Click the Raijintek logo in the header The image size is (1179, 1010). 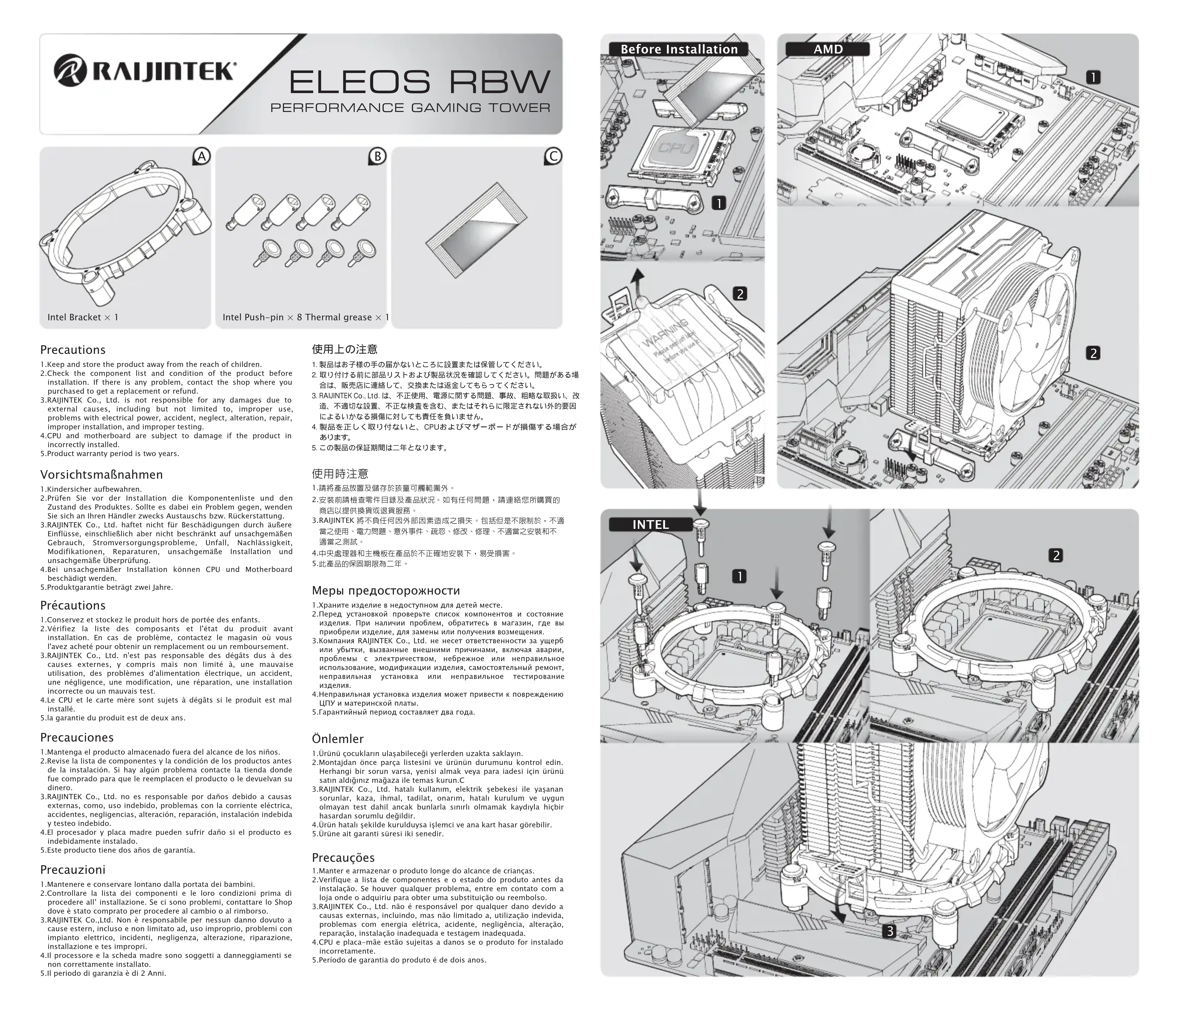click(144, 72)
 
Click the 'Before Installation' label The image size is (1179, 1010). click(679, 50)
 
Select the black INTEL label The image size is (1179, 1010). click(650, 525)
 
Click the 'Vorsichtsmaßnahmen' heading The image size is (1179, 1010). click(101, 475)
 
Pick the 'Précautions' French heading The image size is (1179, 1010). click(73, 605)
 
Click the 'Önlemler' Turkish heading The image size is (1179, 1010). click(337, 739)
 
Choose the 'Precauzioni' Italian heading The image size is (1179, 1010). click(73, 869)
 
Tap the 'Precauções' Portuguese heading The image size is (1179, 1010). click(343, 857)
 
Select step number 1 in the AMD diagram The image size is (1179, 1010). click(1093, 77)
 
